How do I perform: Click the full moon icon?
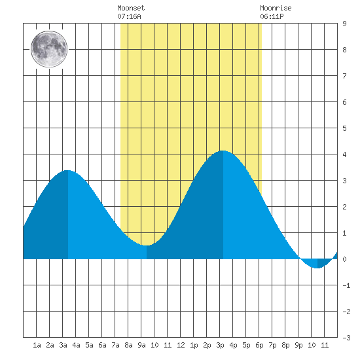coord(49,49)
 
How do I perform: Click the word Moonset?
coord(131,8)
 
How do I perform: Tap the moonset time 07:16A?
coord(129,16)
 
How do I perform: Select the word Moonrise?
coord(276,8)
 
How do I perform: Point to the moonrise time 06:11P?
coord(272,16)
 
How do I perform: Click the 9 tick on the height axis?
coord(344,24)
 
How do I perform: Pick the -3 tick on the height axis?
coord(346,338)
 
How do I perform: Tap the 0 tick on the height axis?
coord(344,259)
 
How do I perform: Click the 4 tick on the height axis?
coord(344,154)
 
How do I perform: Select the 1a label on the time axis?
coord(37,345)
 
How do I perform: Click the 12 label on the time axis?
coord(181,345)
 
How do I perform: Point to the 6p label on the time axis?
coord(259,345)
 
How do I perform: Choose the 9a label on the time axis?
coord(141,345)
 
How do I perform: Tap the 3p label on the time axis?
coord(220,345)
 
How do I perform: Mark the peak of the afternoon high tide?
coord(223,151)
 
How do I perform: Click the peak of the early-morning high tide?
coord(67,170)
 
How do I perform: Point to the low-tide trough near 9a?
coord(147,245)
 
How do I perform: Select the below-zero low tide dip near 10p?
coord(317,268)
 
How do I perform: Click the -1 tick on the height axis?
coord(346,285)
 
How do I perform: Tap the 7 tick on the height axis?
coord(344,76)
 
